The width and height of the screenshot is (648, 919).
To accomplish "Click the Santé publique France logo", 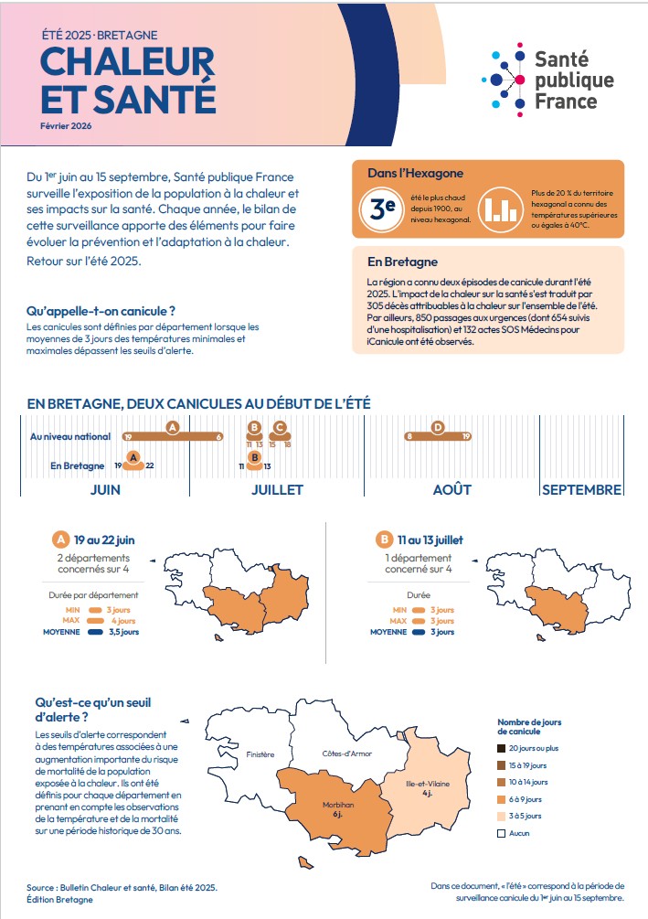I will click(547, 80).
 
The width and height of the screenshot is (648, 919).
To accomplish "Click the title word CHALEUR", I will click(127, 63).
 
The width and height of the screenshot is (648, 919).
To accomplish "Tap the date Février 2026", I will click(67, 125).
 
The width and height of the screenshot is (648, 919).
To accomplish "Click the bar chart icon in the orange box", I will click(499, 208).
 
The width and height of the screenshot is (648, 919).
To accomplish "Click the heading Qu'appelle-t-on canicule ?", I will click(101, 311).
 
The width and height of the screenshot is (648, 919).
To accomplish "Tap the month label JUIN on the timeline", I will click(105, 489).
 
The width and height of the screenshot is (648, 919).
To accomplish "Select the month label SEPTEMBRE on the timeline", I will click(581, 489).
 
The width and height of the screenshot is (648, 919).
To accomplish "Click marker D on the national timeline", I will click(438, 427).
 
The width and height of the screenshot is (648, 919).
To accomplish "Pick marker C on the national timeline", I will click(280, 427).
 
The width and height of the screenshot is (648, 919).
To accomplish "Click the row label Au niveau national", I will click(70, 437).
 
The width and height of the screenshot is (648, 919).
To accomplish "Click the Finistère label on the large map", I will click(260, 754).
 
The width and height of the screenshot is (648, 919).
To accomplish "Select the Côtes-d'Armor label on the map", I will click(346, 753).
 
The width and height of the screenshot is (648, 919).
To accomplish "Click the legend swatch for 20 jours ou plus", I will click(502, 747).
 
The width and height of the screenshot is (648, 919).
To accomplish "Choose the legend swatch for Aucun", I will click(502, 833).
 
